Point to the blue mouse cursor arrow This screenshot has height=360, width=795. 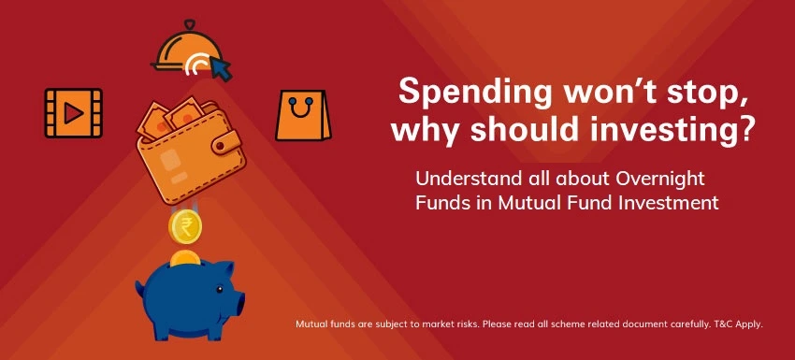tap(222, 67)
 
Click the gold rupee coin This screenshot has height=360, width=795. tap(184, 226)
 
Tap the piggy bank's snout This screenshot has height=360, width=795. tap(238, 301)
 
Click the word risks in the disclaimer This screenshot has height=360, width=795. tap(445, 324)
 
